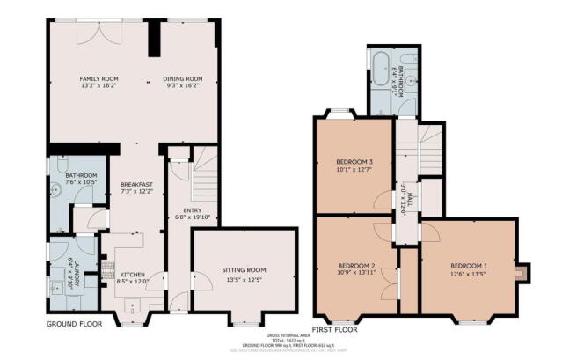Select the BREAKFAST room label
(136, 185)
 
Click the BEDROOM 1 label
(468, 266)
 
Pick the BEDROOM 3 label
(354, 162)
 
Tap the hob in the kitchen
(107, 263)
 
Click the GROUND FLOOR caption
(74, 324)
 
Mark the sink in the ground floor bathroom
(55, 185)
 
